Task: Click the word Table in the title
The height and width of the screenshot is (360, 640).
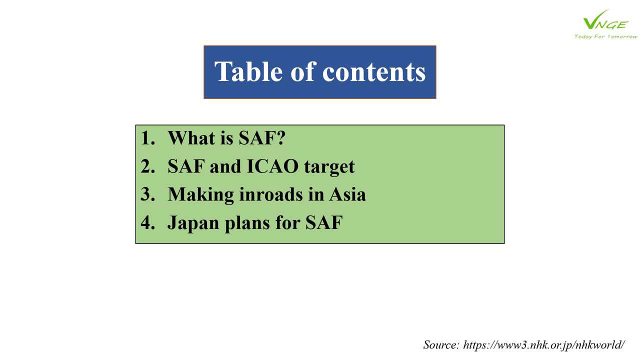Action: click(x=248, y=71)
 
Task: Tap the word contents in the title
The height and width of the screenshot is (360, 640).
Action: click(x=374, y=72)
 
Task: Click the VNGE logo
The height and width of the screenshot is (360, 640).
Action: click(x=605, y=20)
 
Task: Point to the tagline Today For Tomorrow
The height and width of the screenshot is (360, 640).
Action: click(x=605, y=36)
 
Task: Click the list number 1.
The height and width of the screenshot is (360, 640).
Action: click(x=147, y=138)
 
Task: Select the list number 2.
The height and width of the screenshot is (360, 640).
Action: click(x=147, y=166)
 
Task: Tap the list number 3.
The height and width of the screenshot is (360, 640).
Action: click(x=147, y=194)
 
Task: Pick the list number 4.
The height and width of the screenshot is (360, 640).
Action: click(x=147, y=222)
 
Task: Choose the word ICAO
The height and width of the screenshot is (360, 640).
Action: click(x=273, y=166)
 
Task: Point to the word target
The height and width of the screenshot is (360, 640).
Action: click(x=329, y=167)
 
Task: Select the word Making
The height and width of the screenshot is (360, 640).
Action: click(x=200, y=195)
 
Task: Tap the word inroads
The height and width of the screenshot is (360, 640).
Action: click(x=271, y=194)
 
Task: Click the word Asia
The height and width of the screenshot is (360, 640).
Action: click(x=347, y=194)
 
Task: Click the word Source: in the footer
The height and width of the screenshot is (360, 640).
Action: click(x=441, y=345)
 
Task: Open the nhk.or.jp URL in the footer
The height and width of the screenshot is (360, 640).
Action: click(x=544, y=345)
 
